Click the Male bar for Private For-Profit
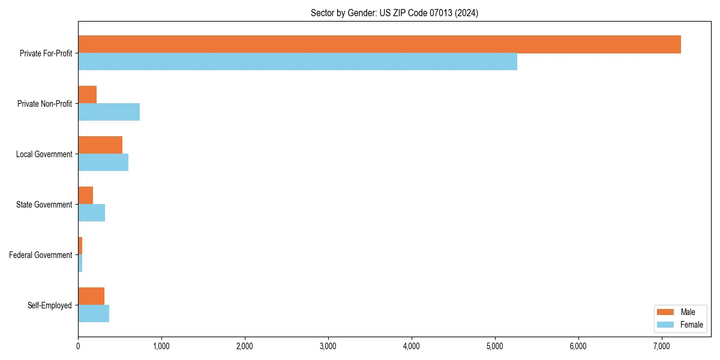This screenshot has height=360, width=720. [x=379, y=44]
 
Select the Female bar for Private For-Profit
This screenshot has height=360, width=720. [x=298, y=62]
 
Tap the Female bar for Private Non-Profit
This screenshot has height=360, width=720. [x=109, y=112]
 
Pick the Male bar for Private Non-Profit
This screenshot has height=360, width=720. [x=88, y=95]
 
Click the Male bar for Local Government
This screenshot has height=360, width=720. [x=100, y=145]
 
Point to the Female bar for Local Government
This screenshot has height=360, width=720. [x=103, y=163]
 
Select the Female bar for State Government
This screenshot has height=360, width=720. [x=91, y=213]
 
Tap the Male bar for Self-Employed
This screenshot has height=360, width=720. [x=91, y=296]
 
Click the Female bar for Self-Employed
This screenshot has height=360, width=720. [x=94, y=314]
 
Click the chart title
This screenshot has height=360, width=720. [x=394, y=13]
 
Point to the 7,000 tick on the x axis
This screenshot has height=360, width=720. [x=661, y=346]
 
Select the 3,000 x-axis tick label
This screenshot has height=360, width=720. [x=328, y=346]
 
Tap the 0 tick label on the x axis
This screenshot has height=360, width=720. [x=78, y=346]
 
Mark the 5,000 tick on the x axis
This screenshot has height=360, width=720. [x=494, y=346]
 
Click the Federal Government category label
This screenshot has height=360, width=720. [x=41, y=255]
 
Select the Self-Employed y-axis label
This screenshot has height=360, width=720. [x=50, y=305]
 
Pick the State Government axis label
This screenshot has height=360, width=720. [x=44, y=205]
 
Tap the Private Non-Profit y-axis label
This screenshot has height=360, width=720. [x=45, y=104]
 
